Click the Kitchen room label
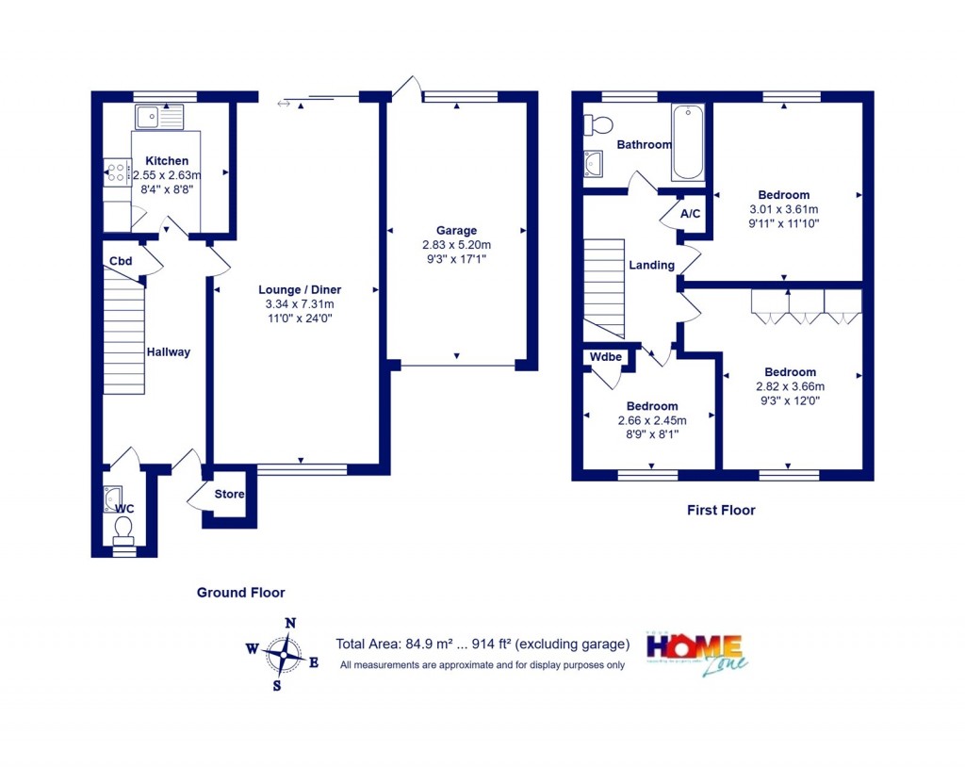(x=167, y=161)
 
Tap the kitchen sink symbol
(x=156, y=117)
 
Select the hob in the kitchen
(x=117, y=172)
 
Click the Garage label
(x=456, y=231)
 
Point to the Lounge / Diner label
(x=300, y=290)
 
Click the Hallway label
(x=168, y=352)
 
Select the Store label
(x=229, y=495)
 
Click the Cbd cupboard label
(x=120, y=262)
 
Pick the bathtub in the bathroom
(x=687, y=142)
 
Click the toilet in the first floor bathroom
(x=597, y=124)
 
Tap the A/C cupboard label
(x=691, y=214)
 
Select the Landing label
(x=651, y=266)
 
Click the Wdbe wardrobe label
(x=605, y=358)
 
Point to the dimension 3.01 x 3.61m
(x=783, y=209)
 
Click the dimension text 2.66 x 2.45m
(x=651, y=421)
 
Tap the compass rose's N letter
(x=291, y=623)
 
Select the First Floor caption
(x=721, y=511)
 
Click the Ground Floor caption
(x=240, y=593)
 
